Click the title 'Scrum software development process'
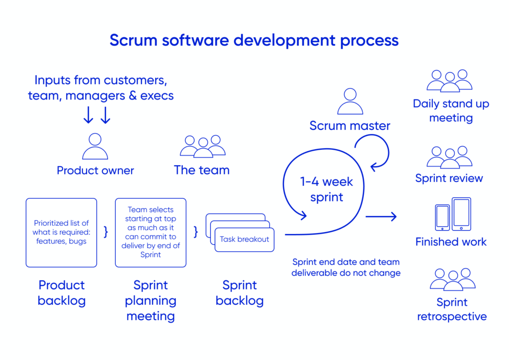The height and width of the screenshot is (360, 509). [254, 40]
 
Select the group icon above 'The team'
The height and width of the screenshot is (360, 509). [202, 146]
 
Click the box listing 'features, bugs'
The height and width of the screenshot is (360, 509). [61, 233]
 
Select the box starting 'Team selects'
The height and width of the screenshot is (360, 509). [151, 233]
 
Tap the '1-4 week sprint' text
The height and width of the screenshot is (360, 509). [327, 189]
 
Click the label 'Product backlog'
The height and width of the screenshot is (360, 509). [62, 293]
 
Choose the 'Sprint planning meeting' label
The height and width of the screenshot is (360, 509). [151, 300]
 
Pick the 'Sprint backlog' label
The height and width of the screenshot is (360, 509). [240, 293]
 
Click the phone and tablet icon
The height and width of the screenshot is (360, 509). [453, 214]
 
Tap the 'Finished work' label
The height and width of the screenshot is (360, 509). [451, 242]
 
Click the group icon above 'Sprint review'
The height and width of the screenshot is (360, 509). [449, 157]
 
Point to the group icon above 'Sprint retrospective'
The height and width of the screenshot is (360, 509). [452, 279]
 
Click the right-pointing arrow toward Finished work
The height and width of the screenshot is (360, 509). [381, 216]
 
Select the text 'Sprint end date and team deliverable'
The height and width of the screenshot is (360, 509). [346, 267]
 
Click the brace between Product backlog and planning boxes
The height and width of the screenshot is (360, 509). [106, 232]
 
